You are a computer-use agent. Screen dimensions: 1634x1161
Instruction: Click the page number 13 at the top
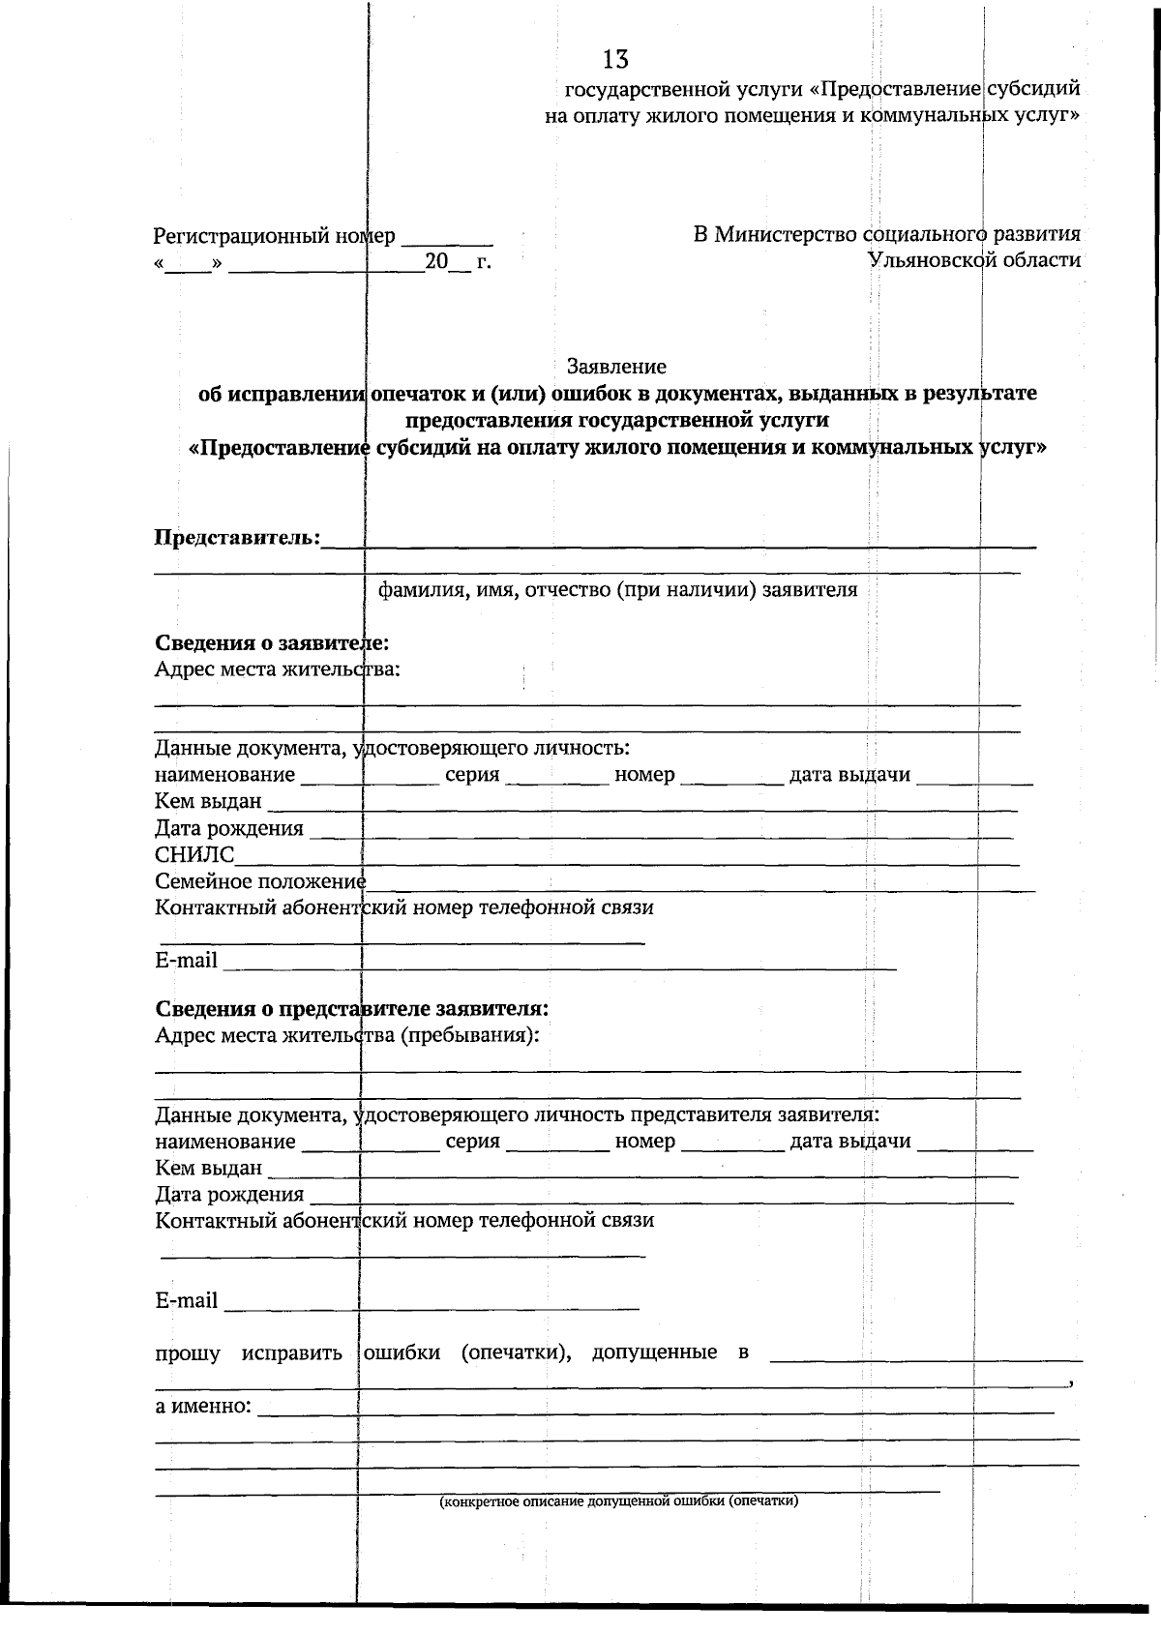pos(615,60)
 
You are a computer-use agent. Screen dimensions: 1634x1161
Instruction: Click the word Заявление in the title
pos(616,367)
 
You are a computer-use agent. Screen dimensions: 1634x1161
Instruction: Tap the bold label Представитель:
pos(237,538)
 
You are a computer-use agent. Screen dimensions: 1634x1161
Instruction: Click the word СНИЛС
pos(194,854)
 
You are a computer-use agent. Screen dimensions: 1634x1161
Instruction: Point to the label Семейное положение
pos(260,881)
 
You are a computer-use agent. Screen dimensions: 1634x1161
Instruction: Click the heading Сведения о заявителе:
pos(272,643)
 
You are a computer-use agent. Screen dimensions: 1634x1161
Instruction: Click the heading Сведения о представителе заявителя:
pos(352,1008)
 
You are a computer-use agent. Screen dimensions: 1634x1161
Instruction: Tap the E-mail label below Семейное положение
pos(186,961)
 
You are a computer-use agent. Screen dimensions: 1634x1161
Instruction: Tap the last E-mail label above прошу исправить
pos(186,1300)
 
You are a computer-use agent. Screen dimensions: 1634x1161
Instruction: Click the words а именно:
pos(203,1406)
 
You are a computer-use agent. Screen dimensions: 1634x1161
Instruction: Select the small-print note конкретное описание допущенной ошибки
pos(618,1501)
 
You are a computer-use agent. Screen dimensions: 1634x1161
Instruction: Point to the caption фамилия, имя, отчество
pos(617,590)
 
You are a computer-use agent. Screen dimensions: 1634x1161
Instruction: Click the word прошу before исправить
pos(188,1352)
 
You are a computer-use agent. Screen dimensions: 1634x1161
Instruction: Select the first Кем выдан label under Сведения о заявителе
pos(208,801)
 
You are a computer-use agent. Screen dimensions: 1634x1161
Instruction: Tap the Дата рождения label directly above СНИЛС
pos(229,828)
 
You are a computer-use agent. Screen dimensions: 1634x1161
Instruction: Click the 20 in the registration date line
pos(436,262)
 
